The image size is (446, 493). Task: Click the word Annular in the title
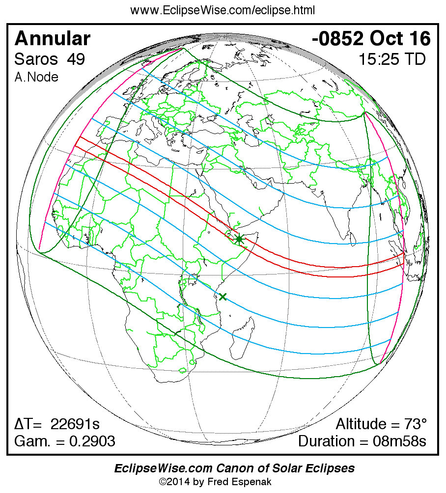53,38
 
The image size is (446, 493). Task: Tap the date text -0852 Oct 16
371,38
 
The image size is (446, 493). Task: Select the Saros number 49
77,59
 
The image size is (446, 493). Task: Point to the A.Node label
36,77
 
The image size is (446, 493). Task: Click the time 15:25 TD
391,59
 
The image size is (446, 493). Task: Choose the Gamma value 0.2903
92,441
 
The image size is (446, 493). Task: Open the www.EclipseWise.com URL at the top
223,10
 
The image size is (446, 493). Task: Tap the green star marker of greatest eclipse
239,239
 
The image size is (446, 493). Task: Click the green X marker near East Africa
223,297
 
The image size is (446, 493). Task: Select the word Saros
34,59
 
